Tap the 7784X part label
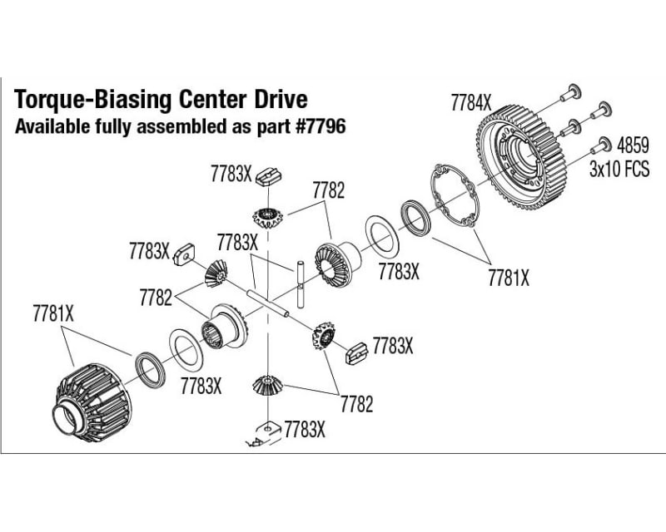(471, 104)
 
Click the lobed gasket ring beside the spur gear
(455, 199)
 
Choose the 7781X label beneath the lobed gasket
(509, 278)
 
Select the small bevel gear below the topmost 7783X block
(266, 218)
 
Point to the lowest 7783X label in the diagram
(304, 429)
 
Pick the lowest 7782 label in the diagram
(356, 404)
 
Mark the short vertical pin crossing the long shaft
(298, 282)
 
